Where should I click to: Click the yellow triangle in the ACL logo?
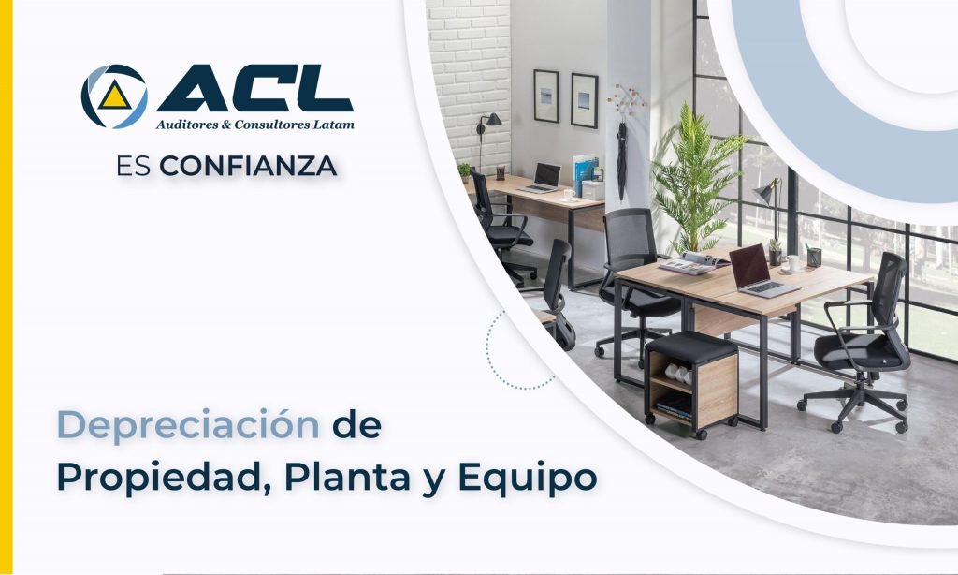coord(114,96)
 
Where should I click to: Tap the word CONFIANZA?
coord(248,167)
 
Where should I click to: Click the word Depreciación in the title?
coord(187,425)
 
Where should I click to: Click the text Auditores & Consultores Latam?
coord(254,124)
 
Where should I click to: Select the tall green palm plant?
coord(693,178)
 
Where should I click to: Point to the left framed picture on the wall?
coord(545,96)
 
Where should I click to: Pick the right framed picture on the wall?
coord(584,100)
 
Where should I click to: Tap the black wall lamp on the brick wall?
coord(490,122)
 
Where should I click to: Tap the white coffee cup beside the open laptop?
coord(794,263)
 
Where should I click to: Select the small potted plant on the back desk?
coord(464,171)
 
